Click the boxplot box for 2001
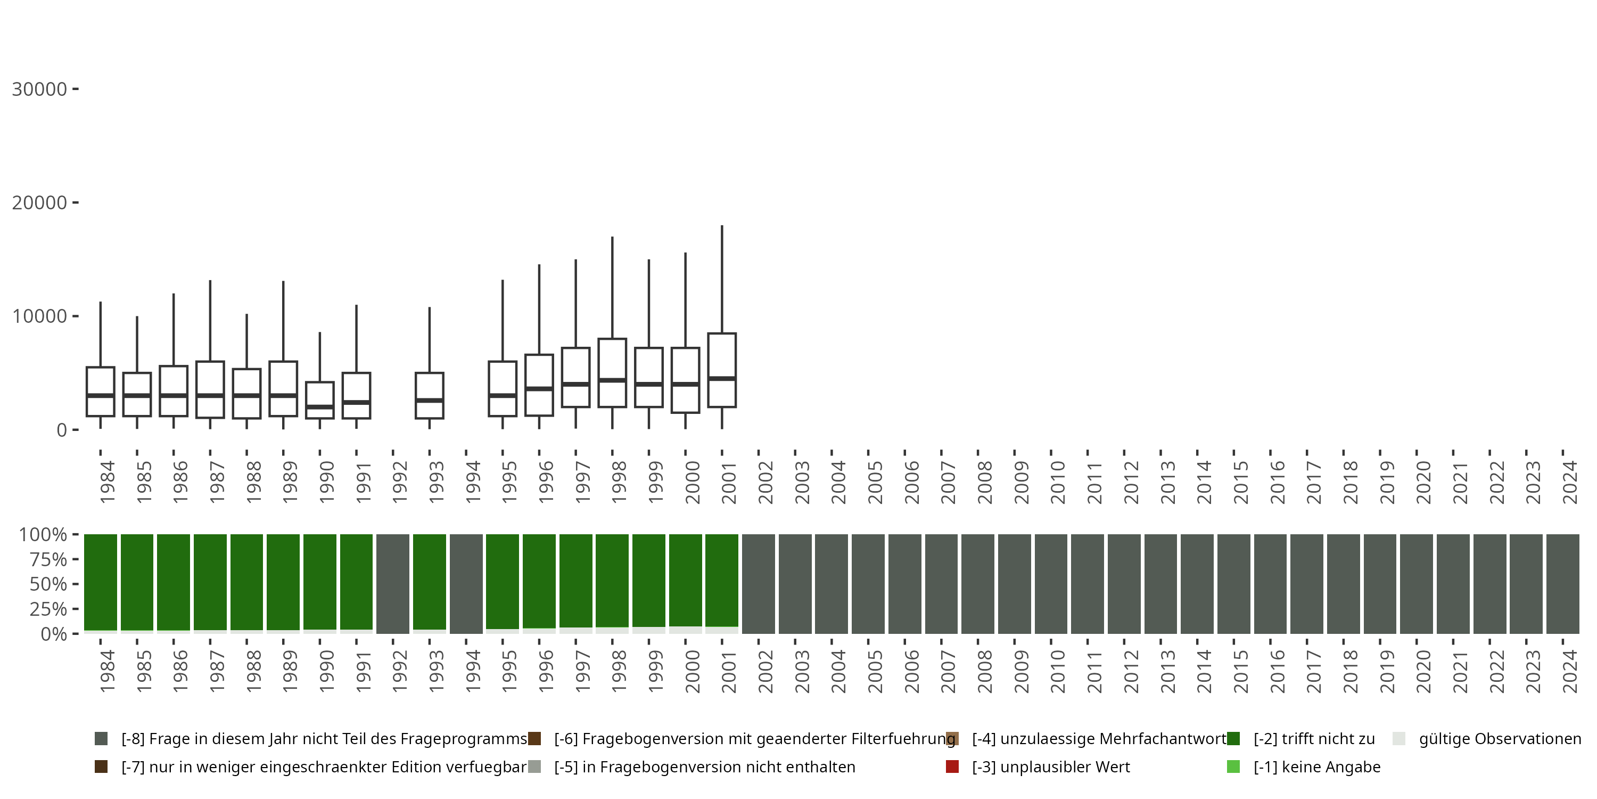click(722, 360)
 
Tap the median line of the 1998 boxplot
click(612, 380)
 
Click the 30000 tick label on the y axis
click(39, 89)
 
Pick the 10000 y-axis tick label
click(39, 316)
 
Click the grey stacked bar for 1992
click(392, 584)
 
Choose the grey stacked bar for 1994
click(466, 584)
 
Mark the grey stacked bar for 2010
click(1051, 584)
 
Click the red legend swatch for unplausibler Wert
click(952, 767)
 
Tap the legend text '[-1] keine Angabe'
click(1317, 767)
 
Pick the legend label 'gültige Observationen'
click(1500, 739)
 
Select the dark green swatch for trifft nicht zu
click(1233, 739)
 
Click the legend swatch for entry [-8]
click(101, 739)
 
